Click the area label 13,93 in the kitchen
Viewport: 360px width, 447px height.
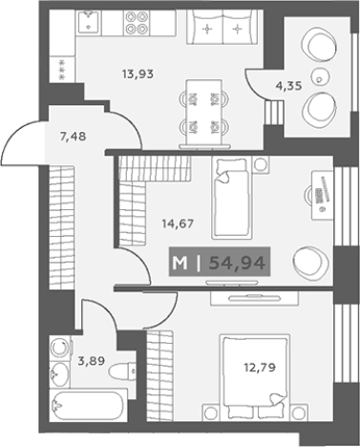point(138,74)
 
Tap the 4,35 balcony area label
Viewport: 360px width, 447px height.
point(288,86)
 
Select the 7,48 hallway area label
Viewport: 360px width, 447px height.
point(73,137)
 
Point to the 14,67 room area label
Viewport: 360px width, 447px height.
point(178,223)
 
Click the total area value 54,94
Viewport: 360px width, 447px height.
point(237,263)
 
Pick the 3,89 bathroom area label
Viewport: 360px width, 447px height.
point(92,361)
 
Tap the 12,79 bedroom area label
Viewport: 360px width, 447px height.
point(260,368)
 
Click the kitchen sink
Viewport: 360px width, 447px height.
point(88,21)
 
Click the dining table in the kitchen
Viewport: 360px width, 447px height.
point(204,114)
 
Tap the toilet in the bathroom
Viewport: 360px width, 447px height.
point(121,371)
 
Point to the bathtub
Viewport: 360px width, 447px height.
point(89,406)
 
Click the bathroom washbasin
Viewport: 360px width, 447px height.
point(60,374)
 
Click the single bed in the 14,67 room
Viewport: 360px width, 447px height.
point(232,198)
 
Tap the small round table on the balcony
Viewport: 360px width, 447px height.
point(320,75)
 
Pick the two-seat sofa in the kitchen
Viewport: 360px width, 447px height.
point(222,28)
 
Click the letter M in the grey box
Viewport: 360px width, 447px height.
point(180,264)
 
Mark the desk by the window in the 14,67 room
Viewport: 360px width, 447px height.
point(322,195)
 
